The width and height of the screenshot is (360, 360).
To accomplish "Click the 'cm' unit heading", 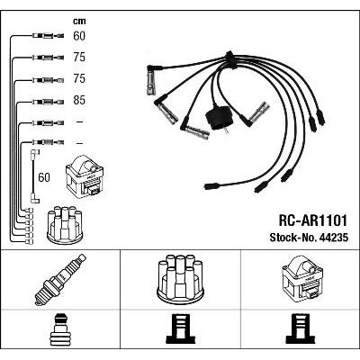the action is [x=79, y=21].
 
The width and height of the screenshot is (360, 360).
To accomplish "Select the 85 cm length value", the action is [x=79, y=100].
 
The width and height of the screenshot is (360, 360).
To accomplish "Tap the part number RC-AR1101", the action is [x=313, y=220].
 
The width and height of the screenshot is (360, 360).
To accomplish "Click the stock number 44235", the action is [x=334, y=238].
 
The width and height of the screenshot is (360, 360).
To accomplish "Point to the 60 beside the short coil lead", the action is [x=44, y=177].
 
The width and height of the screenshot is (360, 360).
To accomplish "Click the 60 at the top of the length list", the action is [x=79, y=36].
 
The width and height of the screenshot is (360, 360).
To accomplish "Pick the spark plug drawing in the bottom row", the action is [x=60, y=279].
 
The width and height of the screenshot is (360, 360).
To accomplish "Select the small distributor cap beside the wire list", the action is [x=65, y=224].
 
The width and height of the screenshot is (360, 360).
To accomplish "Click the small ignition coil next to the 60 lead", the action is [x=85, y=175].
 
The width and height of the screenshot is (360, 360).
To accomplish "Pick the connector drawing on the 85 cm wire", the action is [x=48, y=102].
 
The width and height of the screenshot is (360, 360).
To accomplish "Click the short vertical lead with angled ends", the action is [x=35, y=176].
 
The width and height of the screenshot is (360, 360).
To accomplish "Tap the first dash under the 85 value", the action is [x=79, y=121].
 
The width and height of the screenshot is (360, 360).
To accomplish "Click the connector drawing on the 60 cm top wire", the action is [x=48, y=36].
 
